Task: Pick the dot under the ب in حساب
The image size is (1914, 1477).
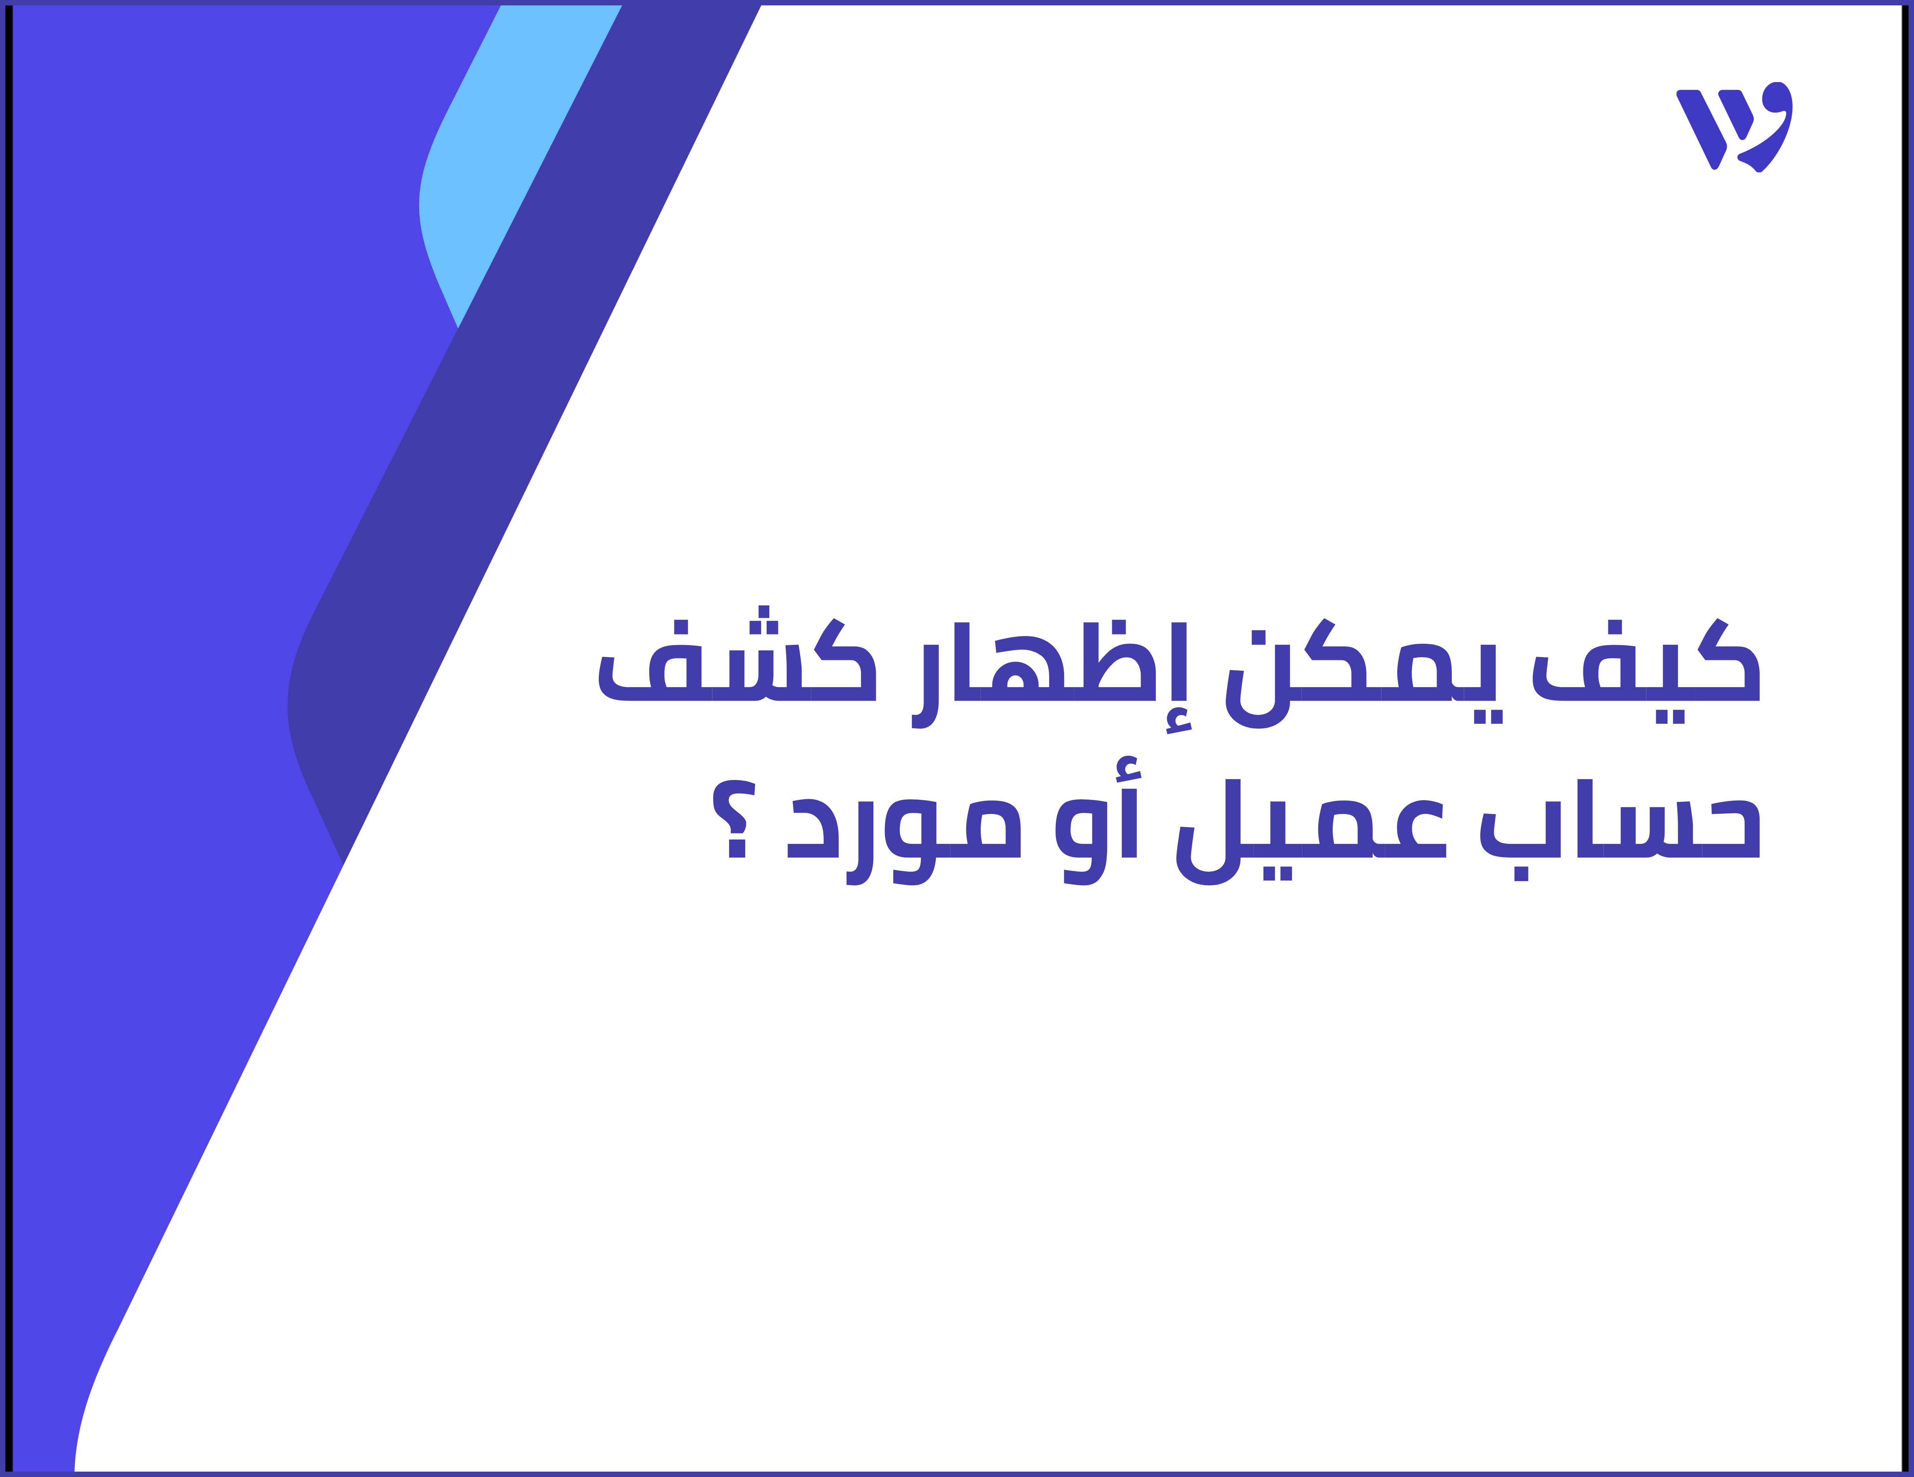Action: (1521, 874)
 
